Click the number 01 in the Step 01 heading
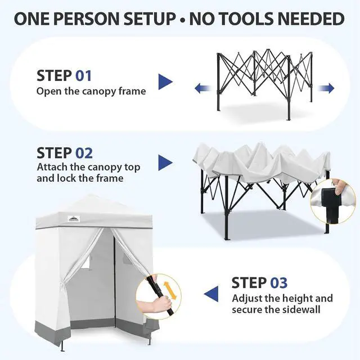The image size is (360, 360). [x=84, y=75]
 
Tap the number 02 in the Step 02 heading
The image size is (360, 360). [x=84, y=153]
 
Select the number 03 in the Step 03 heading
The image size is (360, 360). [x=279, y=282]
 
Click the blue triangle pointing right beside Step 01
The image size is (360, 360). [x=165, y=82]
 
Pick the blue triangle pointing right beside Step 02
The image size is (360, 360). [x=165, y=163]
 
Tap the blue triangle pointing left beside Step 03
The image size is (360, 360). [x=211, y=294]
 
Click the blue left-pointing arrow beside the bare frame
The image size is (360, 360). [x=203, y=88]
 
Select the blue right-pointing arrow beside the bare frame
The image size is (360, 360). [x=326, y=88]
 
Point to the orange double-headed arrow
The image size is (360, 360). [x=169, y=290]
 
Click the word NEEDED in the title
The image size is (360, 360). [x=304, y=19]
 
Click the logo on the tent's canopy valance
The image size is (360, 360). [x=74, y=219]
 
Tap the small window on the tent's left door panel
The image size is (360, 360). [x=85, y=263]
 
